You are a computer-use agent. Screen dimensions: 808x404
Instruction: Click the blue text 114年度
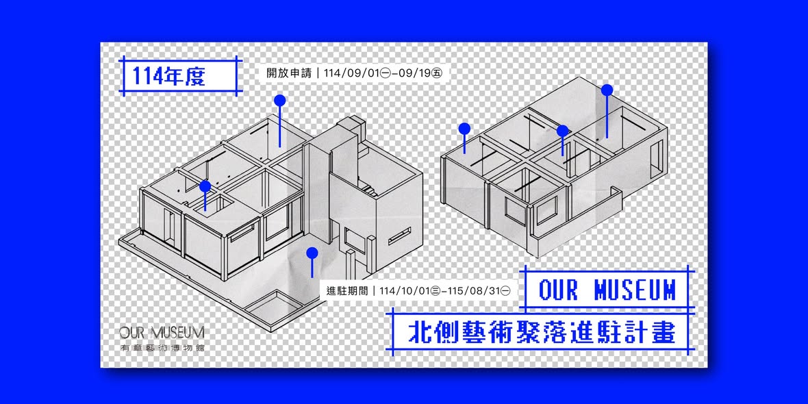coord(168,76)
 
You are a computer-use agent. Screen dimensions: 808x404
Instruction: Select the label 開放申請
coord(288,73)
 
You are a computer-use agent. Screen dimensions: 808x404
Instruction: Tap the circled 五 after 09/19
coord(438,73)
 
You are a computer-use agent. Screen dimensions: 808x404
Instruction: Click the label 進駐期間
coord(347,290)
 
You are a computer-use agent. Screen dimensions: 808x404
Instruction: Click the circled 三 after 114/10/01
coord(435,290)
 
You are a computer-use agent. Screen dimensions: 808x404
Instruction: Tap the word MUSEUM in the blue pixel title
coord(634,290)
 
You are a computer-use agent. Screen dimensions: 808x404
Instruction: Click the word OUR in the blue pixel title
coord(558,290)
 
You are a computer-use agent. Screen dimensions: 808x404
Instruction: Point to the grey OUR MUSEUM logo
coord(162,332)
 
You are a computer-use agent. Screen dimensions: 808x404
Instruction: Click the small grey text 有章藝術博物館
coord(162,348)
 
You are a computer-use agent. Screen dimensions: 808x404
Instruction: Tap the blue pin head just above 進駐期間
coord(312,253)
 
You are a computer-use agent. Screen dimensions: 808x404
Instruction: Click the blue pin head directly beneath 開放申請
coord(280,100)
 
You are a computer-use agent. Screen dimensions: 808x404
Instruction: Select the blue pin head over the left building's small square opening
coord(205,186)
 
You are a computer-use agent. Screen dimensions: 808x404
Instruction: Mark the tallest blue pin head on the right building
coord(607,90)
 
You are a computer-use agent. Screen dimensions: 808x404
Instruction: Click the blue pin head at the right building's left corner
coord(464,128)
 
